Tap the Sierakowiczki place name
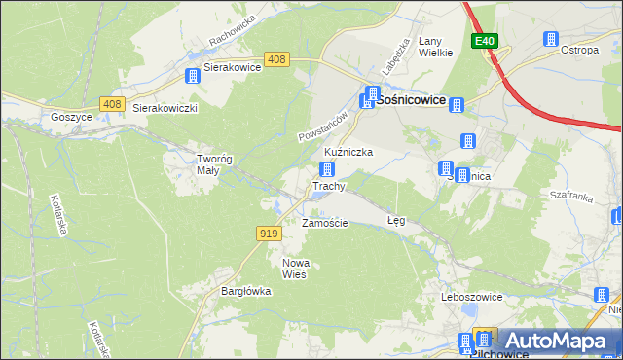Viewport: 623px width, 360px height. (x=165, y=108)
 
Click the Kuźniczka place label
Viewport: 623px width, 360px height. (x=348, y=153)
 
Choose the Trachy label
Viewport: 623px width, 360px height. (x=328, y=186)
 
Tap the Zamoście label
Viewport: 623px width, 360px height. (x=324, y=223)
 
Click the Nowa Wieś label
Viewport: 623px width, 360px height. (x=294, y=269)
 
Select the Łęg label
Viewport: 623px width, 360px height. (x=395, y=221)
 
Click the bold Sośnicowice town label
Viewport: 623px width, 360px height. (x=410, y=99)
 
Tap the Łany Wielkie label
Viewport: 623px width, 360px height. (x=435, y=47)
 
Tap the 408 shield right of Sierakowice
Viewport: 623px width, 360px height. (x=276, y=60)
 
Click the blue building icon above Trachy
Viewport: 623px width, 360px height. (x=328, y=169)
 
